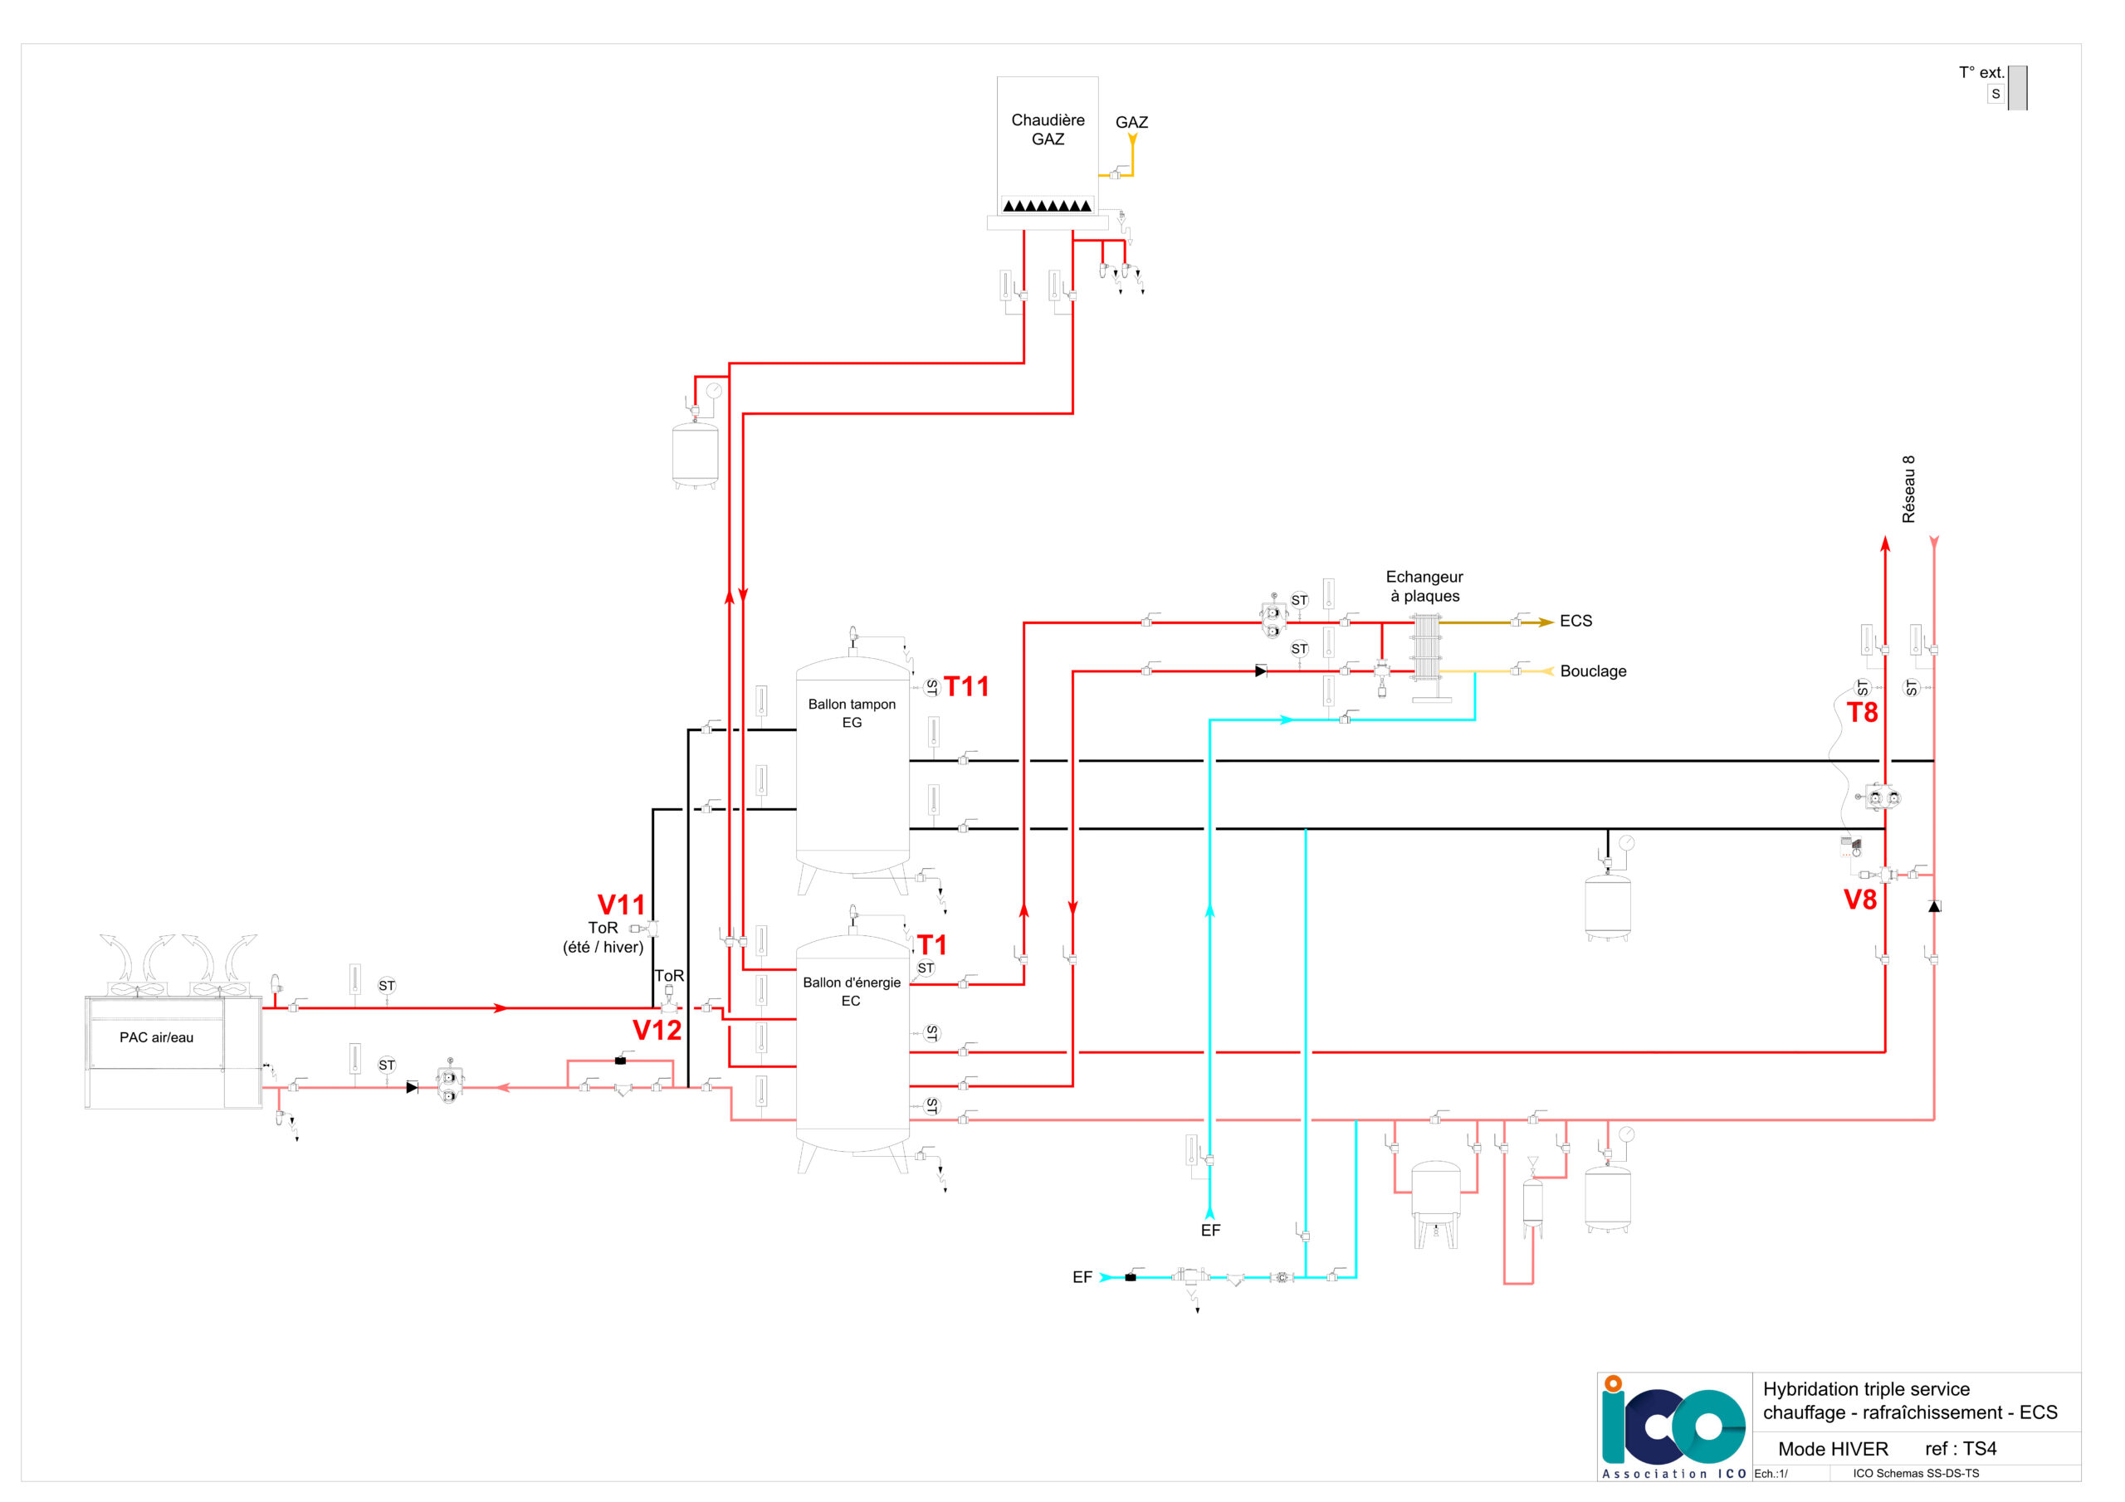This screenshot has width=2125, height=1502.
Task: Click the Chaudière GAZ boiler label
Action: click(1048, 129)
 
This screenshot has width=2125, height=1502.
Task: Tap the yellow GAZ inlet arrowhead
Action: click(1132, 139)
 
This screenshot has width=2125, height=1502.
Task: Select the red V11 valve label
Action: click(621, 905)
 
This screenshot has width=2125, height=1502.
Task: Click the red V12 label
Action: click(657, 1030)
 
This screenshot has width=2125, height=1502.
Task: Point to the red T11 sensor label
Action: click(966, 686)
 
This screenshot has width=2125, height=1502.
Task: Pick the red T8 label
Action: click(1862, 713)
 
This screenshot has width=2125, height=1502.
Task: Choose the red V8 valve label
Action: click(1860, 900)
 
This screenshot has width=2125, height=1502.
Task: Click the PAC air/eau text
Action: click(156, 1037)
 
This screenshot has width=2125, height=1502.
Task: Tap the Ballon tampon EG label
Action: click(852, 713)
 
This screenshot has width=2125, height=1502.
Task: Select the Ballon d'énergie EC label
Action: click(852, 991)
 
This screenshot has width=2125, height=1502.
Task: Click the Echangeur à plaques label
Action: click(1424, 587)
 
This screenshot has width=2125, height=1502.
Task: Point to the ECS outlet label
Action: click(1576, 621)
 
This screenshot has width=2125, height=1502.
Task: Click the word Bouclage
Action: click(1593, 671)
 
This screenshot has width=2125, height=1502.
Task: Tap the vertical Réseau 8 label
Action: click(1908, 489)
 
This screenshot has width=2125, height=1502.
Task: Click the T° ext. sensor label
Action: click(1981, 72)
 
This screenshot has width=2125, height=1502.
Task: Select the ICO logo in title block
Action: click(1673, 1426)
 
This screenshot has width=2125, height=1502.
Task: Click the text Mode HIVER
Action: click(1833, 1449)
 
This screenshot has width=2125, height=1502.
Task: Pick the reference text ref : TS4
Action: click(1961, 1449)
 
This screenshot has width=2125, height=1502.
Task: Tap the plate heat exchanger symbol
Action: click(1426, 648)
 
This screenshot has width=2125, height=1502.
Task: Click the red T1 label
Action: click(932, 945)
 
